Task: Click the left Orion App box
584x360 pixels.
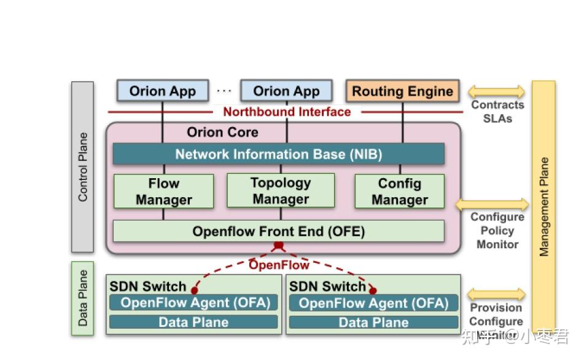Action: pos(163,92)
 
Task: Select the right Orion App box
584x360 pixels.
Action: pos(286,92)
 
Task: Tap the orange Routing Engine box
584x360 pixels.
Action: pos(402,92)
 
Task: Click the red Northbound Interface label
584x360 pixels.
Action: pos(287,112)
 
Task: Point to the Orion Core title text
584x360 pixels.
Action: pos(222,132)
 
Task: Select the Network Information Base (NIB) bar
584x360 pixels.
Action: pos(278,154)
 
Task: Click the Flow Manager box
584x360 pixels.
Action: pos(163,191)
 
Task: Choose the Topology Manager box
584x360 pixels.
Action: pos(281,190)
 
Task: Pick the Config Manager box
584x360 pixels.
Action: pos(399,191)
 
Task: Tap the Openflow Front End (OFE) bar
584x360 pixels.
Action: pos(278,231)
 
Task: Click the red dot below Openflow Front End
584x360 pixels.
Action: pos(278,246)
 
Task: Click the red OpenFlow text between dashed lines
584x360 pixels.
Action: pos(279,265)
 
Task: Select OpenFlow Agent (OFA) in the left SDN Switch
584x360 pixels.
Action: pos(193,302)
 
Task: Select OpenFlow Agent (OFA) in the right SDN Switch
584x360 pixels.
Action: pos(373,302)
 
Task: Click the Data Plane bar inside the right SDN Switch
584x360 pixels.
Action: pos(373,322)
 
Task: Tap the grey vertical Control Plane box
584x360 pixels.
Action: pos(83,167)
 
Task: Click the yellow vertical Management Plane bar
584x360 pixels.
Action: pos(543,206)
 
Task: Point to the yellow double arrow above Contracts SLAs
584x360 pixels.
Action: pos(497,92)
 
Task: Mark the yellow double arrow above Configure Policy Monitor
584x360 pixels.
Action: pos(491,205)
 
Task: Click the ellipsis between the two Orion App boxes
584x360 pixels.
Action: pos(224,91)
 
